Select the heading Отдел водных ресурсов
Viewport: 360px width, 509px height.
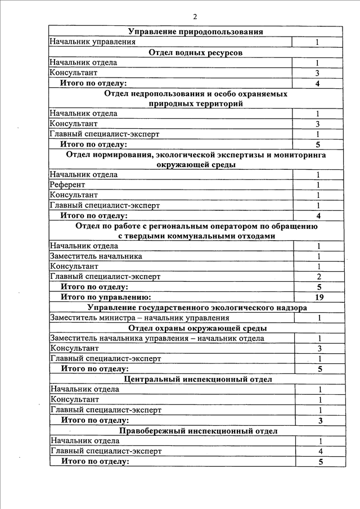click(196, 52)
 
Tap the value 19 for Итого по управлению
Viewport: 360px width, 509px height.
click(318, 297)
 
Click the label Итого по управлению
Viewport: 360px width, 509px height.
click(106, 297)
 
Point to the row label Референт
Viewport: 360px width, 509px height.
click(67, 184)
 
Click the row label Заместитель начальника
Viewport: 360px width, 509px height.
click(96, 256)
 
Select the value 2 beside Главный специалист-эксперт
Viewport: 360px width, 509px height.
click(318, 276)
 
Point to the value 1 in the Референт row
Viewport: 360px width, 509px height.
click(318, 184)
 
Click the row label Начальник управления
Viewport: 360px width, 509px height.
click(92, 42)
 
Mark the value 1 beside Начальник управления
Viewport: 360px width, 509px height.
click(317, 42)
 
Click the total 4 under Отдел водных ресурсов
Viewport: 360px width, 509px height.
click(317, 83)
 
